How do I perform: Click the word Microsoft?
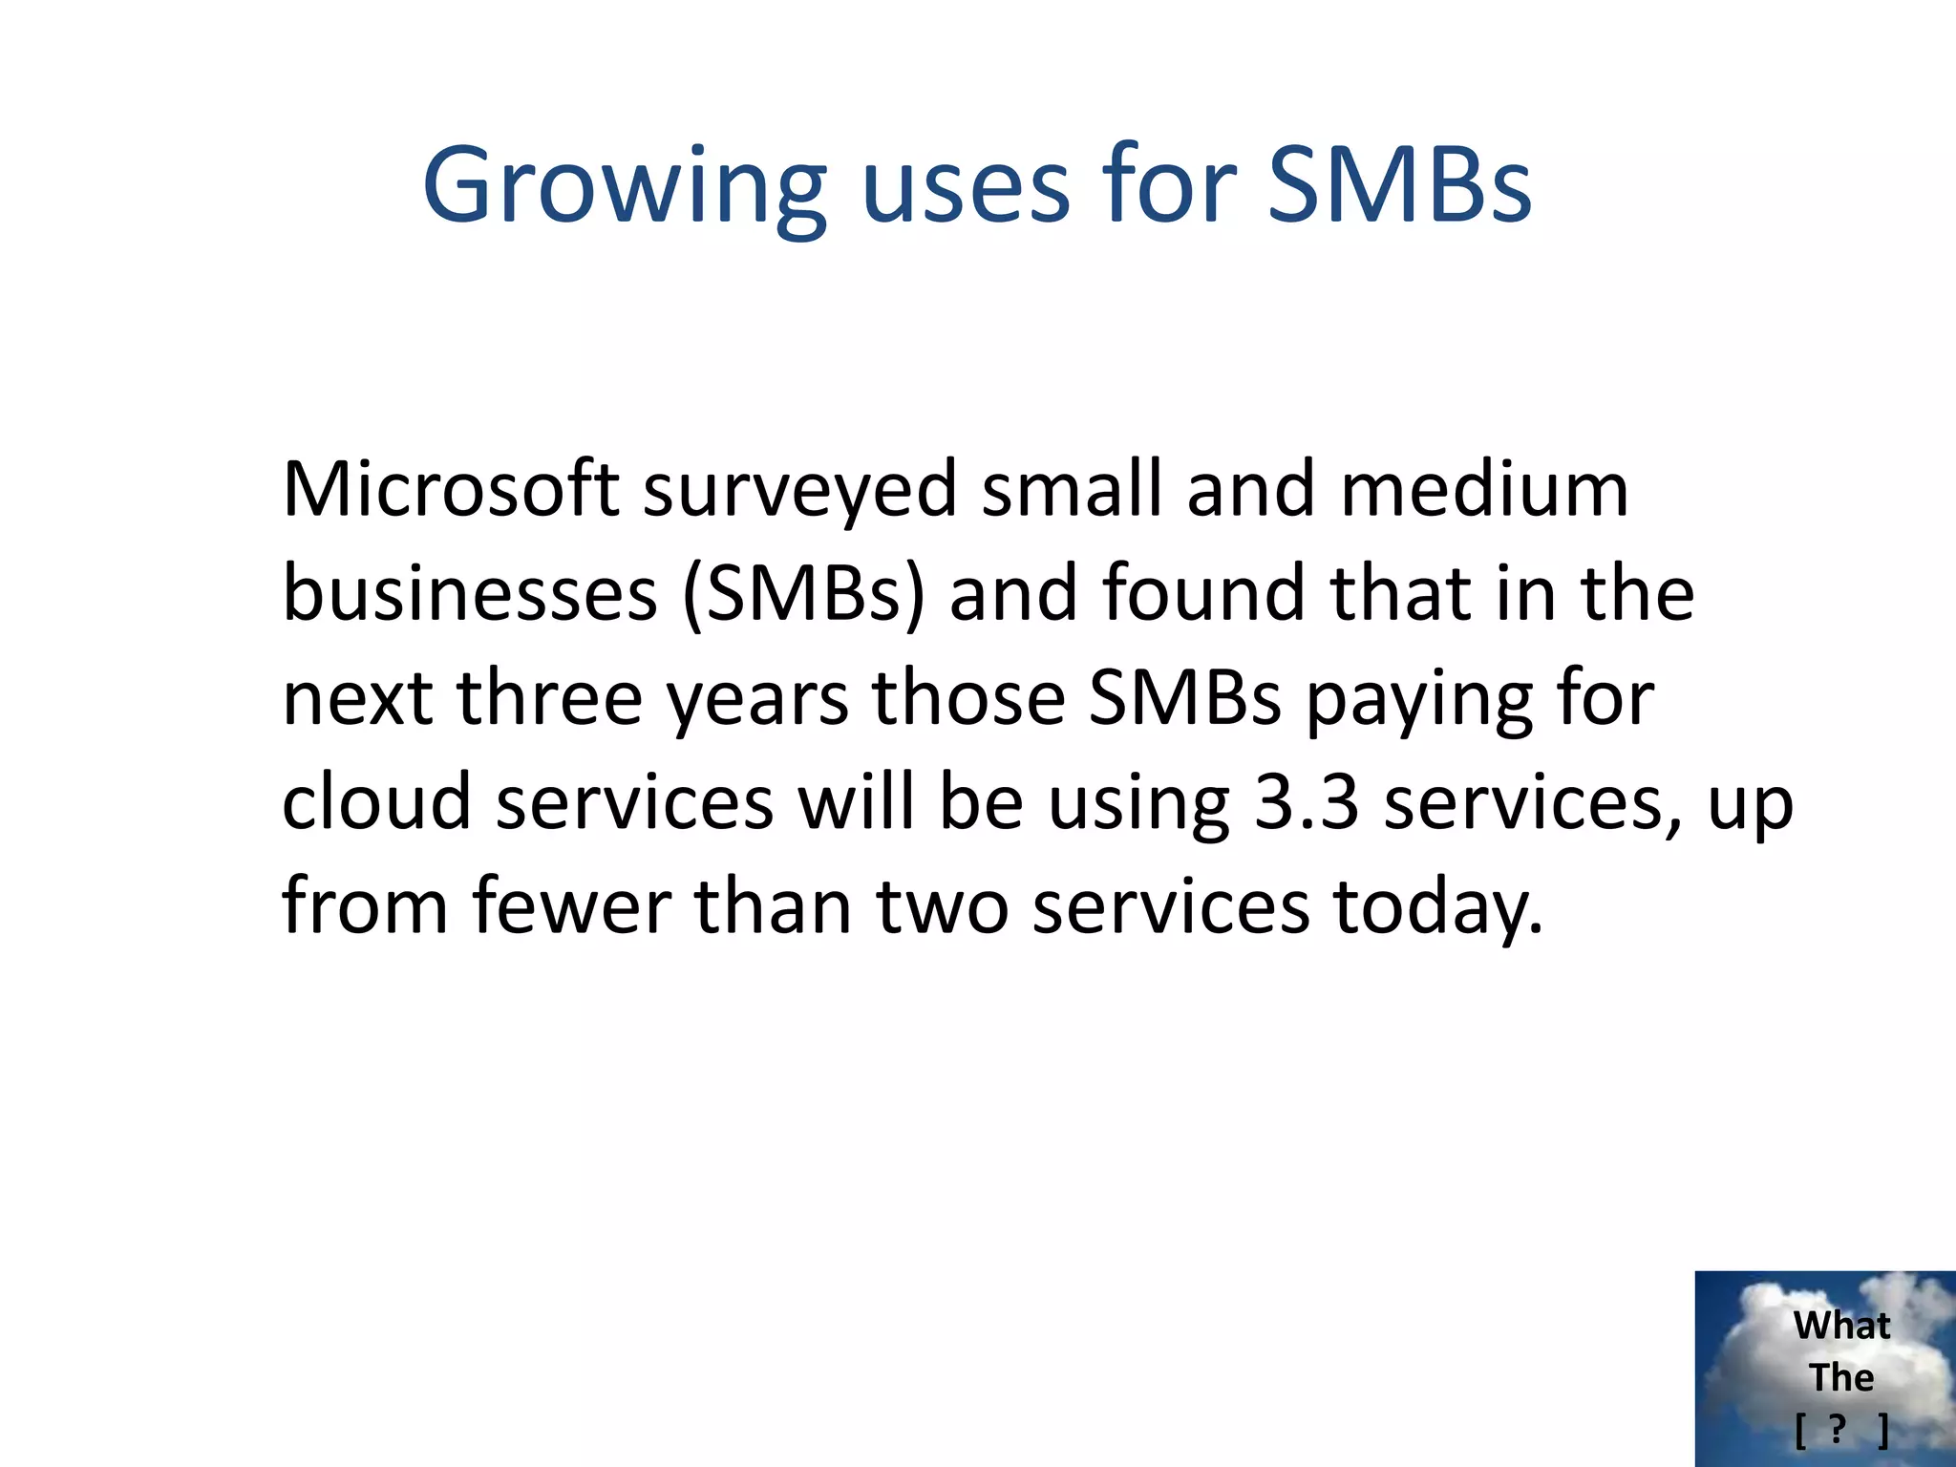pyautogui.click(x=450, y=489)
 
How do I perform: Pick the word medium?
pyautogui.click(x=1484, y=489)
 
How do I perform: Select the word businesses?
pyautogui.click(x=470, y=593)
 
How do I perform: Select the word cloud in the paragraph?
pyautogui.click(x=377, y=801)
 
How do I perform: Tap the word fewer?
pyautogui.click(x=571, y=906)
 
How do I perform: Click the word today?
pyautogui.click(x=1436, y=908)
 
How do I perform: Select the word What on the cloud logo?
pyautogui.click(x=1841, y=1326)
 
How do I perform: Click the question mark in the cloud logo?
pyautogui.click(x=1837, y=1430)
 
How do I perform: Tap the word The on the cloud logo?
pyautogui.click(x=1841, y=1377)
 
